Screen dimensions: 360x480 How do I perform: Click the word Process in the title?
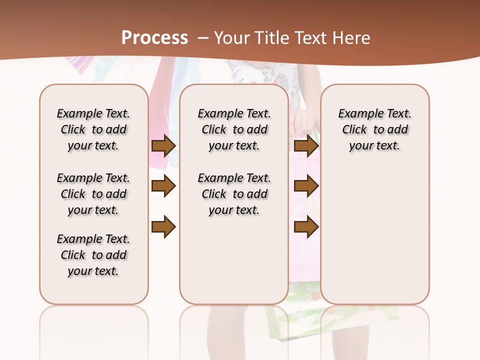click(154, 38)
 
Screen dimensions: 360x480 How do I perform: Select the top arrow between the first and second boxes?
click(163, 145)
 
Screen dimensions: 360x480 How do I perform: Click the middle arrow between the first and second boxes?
click(163, 186)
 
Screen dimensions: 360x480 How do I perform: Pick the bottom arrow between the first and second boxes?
click(163, 226)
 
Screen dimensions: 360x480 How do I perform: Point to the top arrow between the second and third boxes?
click(306, 145)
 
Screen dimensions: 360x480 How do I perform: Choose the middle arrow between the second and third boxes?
click(306, 186)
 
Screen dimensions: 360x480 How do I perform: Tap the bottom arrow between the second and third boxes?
click(306, 226)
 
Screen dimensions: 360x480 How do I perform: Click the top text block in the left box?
click(93, 129)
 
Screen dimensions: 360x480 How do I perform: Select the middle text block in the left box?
click(93, 194)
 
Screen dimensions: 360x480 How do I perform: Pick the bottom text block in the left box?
click(93, 255)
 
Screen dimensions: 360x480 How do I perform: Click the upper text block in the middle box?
click(234, 129)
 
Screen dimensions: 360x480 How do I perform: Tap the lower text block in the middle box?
click(234, 194)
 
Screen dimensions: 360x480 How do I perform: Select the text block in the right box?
click(375, 129)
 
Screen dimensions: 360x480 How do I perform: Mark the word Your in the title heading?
click(231, 38)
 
